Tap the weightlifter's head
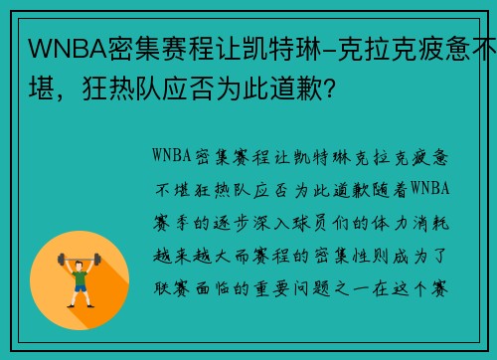click(x=81, y=257)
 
